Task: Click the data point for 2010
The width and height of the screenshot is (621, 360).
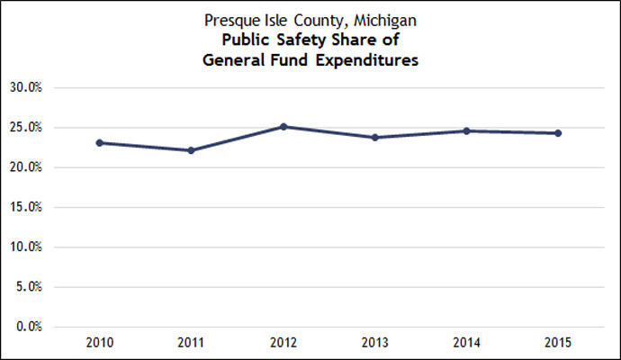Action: pyautogui.click(x=100, y=142)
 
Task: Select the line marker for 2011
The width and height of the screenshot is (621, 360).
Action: pyautogui.click(x=192, y=150)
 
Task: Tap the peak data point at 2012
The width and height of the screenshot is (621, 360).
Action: pyautogui.click(x=283, y=127)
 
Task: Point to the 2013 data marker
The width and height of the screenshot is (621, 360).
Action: pyautogui.click(x=374, y=137)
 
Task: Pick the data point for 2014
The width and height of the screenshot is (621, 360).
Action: pyautogui.click(x=466, y=131)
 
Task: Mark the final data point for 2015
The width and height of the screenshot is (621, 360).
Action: pyautogui.click(x=558, y=133)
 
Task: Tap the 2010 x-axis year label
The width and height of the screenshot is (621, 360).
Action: pyautogui.click(x=100, y=344)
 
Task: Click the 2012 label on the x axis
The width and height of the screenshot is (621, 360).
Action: pyautogui.click(x=283, y=344)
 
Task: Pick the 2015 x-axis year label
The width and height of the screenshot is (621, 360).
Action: pyautogui.click(x=558, y=344)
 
